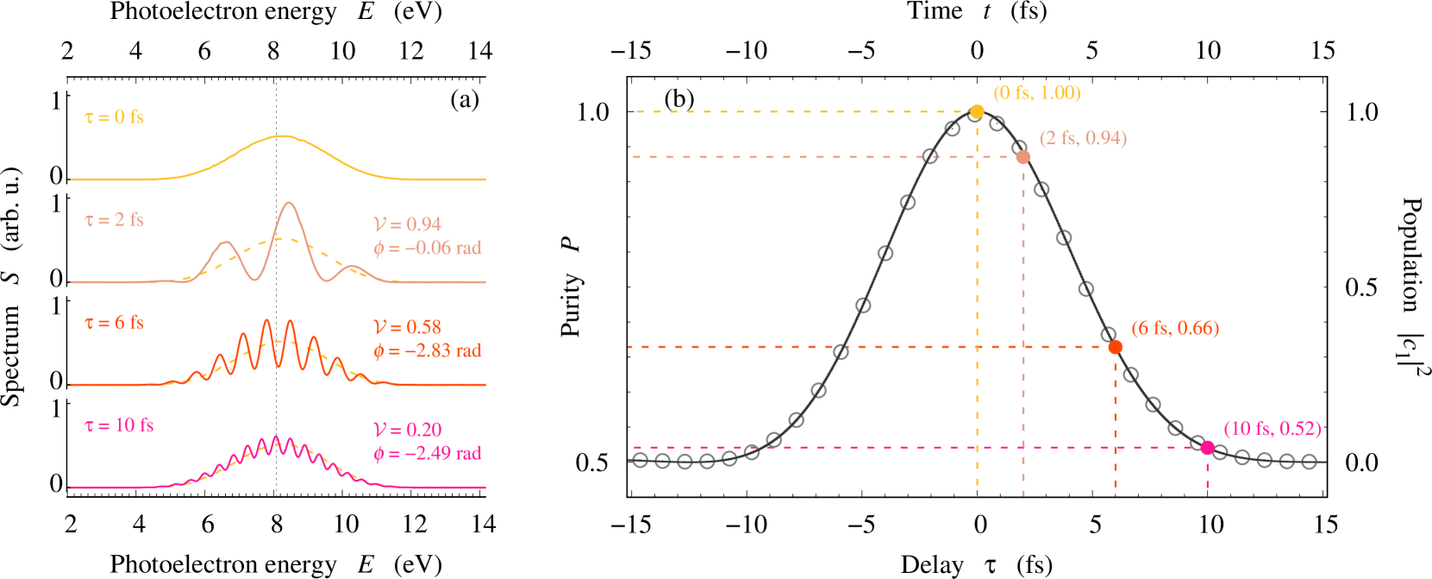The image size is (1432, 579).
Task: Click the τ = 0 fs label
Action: coord(114,117)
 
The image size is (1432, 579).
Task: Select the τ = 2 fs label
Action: coord(114,220)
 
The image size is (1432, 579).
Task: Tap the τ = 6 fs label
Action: coord(114,323)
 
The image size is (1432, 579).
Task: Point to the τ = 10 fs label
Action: coord(119,425)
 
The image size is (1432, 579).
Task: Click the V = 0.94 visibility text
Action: coord(407,224)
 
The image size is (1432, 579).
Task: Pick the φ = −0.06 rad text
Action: coord(427,249)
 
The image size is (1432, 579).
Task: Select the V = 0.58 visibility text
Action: coord(407,327)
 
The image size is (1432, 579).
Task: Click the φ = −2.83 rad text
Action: coord(427,351)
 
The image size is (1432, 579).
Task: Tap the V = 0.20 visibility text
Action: coord(407,430)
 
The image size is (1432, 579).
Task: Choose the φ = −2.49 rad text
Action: coord(427,454)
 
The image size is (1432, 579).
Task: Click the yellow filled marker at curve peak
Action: coord(977,111)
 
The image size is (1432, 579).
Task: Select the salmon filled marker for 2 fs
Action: coord(1022,157)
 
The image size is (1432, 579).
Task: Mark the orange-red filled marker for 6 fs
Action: coord(1115,347)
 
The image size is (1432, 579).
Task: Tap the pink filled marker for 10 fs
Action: coord(1207,447)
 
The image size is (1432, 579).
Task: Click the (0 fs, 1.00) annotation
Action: coord(1036,93)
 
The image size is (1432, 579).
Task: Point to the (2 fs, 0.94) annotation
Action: coord(1083,139)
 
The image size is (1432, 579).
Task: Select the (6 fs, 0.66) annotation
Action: coord(1175,329)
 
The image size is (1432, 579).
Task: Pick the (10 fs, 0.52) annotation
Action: coord(1272,429)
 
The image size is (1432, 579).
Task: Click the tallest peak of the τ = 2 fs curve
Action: coord(289,204)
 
